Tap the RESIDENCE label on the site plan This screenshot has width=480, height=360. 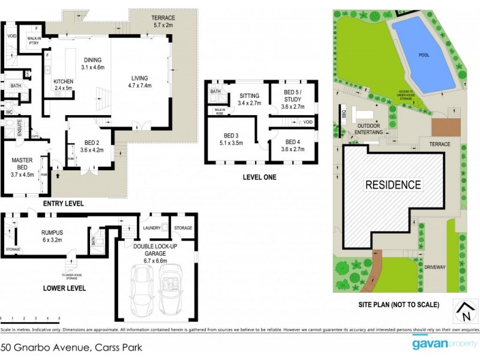pos(393,184)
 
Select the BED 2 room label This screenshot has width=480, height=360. pos(88,146)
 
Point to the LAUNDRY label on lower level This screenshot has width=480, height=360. pos(152,228)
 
